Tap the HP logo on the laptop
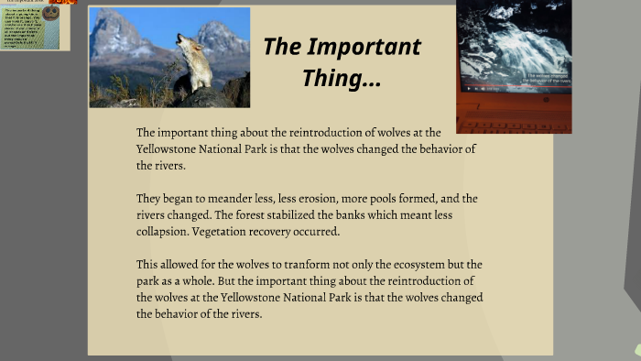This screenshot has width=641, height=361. coord(547,99)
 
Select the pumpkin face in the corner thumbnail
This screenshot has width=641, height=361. coord(51,12)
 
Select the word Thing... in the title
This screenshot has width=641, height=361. coord(342,79)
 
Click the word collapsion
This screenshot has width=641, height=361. coord(166,231)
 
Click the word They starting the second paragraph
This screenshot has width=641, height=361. coord(149,198)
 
